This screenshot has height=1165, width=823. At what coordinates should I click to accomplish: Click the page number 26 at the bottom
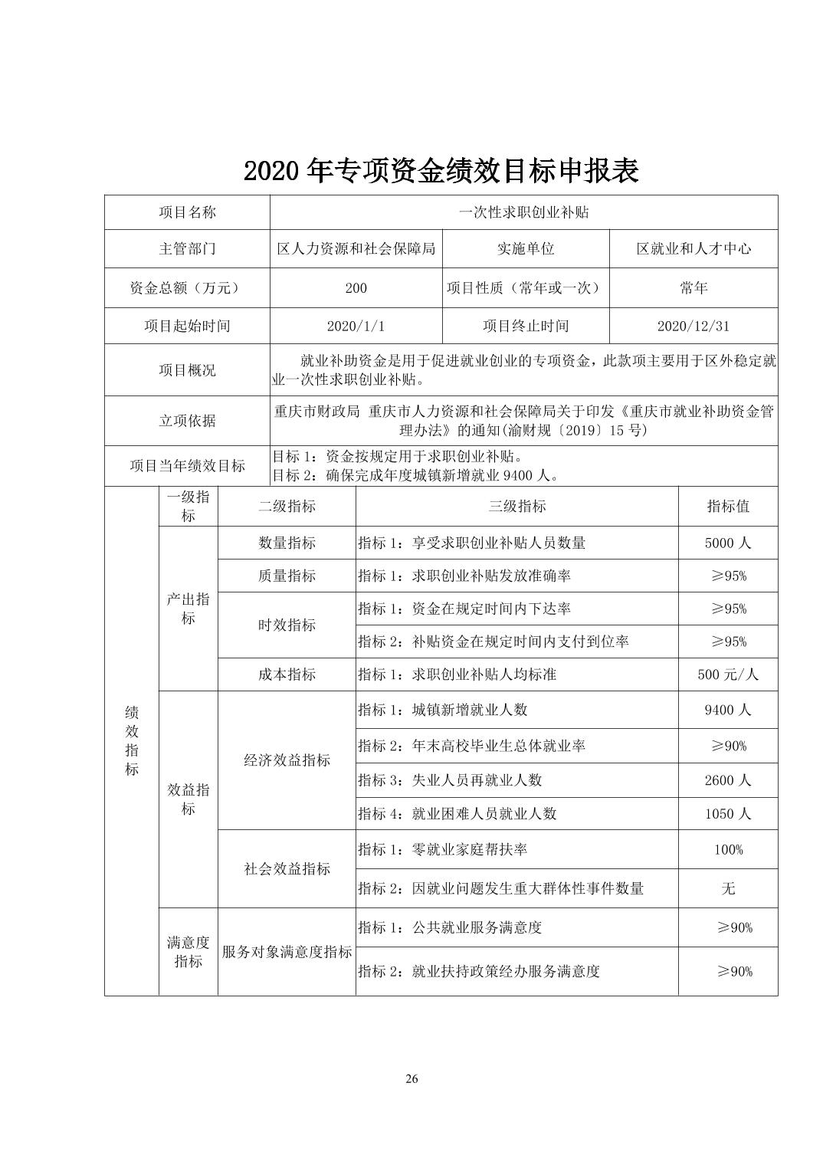[411, 1079]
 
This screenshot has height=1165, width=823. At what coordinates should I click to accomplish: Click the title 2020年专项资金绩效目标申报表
[441, 171]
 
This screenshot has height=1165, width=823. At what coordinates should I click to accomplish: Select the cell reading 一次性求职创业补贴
[523, 212]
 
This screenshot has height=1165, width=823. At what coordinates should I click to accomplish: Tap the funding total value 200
[356, 288]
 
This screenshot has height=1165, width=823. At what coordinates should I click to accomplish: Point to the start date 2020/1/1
[356, 326]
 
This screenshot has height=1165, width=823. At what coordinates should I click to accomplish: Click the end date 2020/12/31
[693, 326]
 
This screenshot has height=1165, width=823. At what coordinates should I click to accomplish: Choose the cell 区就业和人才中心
[693, 249]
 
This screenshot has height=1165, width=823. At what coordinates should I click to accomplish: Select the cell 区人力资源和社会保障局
[356, 249]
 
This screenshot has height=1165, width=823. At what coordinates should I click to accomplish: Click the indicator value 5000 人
[727, 543]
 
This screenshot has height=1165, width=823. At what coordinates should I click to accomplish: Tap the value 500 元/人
[727, 674]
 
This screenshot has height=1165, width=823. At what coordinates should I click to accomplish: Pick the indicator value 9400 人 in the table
[727, 710]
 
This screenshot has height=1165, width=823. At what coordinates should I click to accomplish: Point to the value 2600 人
[727, 780]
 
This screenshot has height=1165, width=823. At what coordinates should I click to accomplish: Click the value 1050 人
[727, 814]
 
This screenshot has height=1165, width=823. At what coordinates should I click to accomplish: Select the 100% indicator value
[727, 849]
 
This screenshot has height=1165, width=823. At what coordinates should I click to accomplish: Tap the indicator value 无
[727, 888]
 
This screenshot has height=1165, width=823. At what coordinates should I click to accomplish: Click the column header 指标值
[727, 506]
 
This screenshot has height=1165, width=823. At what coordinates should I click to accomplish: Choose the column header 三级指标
[517, 506]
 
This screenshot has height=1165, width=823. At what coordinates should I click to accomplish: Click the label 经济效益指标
[287, 760]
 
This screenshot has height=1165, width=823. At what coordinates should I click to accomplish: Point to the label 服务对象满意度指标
[287, 952]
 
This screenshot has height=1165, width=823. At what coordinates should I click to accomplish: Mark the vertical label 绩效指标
[132, 740]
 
